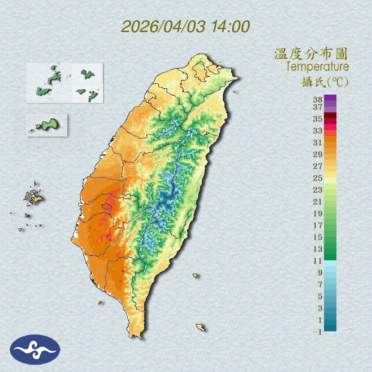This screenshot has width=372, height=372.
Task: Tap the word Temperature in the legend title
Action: tap(317, 67)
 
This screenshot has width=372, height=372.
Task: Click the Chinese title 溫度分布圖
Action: tap(311, 54)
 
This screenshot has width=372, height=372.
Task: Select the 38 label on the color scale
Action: tap(317, 99)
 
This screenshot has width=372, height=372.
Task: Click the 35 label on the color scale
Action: tap(317, 119)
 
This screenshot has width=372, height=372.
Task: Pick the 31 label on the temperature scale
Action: tap(317, 142)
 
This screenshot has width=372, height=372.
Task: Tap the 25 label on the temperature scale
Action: tap(317, 178)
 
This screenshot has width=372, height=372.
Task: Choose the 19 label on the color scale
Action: tap(317, 213)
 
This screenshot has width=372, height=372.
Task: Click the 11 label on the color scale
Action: tap(317, 261)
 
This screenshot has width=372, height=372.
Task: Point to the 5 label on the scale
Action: tap(320, 296)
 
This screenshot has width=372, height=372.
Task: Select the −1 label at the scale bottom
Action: tap(317, 332)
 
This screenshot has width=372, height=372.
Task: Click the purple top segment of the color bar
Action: tap(330, 98)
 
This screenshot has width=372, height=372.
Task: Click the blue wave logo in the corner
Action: tap(36, 349)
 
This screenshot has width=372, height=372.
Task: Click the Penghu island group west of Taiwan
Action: tap(33, 197)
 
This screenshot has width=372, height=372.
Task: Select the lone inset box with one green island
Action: tap(46, 125)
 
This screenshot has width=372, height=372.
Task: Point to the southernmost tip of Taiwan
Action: tap(137, 337)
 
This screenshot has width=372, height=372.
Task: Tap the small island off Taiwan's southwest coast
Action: tap(100, 303)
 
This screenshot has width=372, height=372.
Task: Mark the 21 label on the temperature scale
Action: tap(317, 202)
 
